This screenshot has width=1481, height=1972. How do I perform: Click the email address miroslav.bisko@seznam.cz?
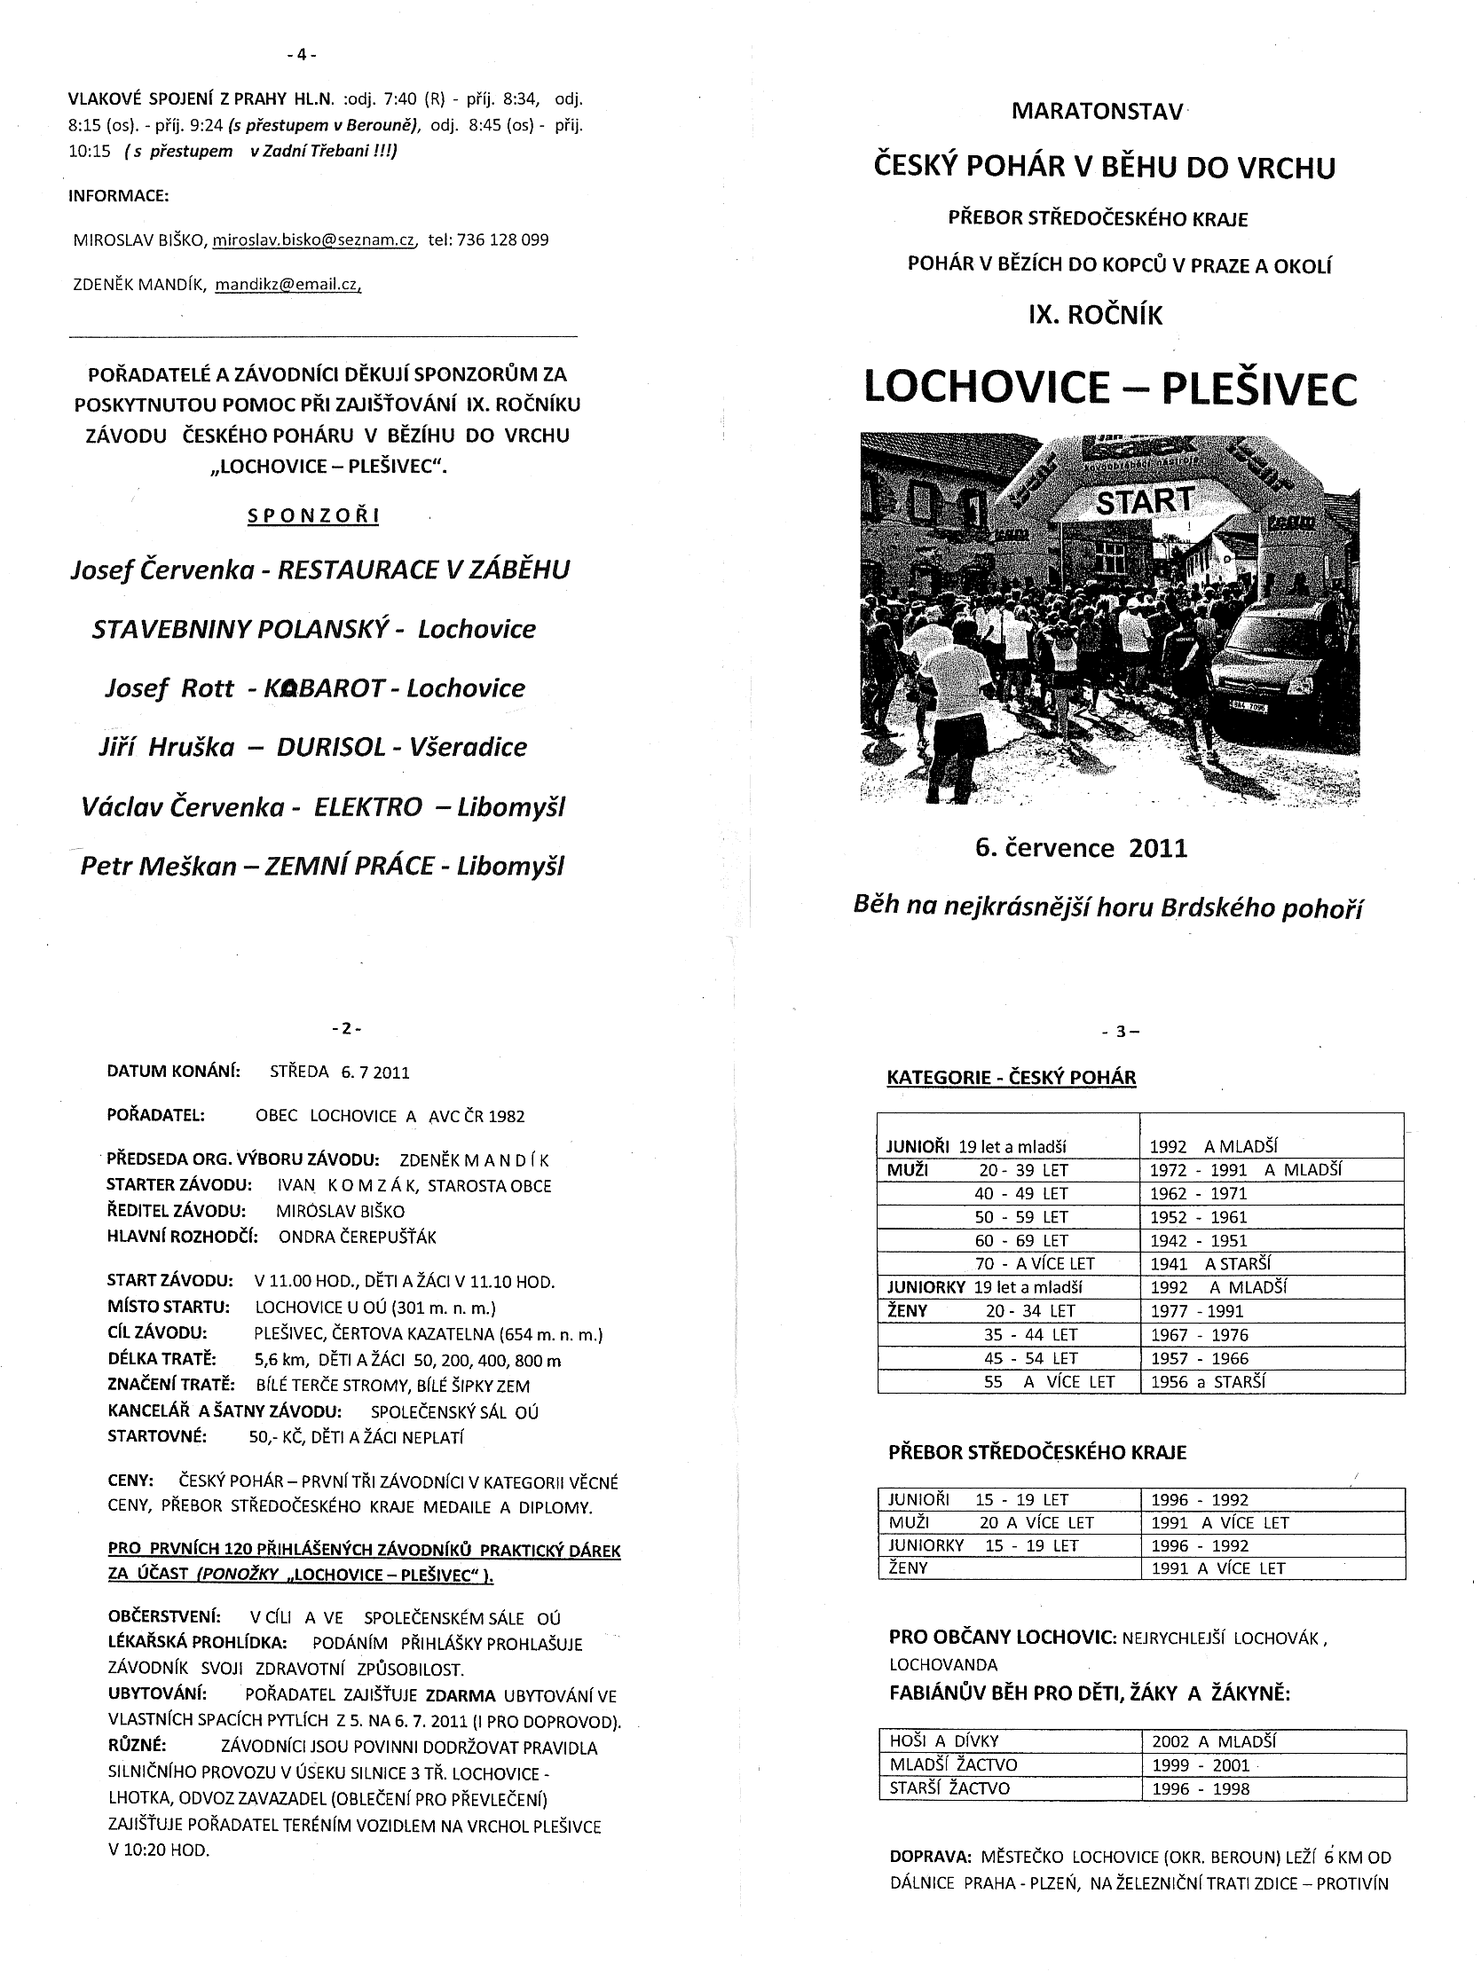click(x=314, y=240)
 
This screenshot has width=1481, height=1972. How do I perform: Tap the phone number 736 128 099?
click(x=503, y=240)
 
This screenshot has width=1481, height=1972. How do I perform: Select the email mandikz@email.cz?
click(x=288, y=286)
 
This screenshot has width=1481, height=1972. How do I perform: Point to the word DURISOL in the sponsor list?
click(x=331, y=747)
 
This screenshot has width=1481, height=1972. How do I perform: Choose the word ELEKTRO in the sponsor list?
click(x=367, y=808)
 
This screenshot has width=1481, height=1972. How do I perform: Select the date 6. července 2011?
click(x=1082, y=848)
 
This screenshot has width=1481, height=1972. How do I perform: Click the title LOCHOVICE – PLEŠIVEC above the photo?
click(x=1110, y=389)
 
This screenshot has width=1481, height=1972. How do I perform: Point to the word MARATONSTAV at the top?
click(x=1097, y=113)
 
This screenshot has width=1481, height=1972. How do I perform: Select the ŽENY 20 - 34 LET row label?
click(x=981, y=1311)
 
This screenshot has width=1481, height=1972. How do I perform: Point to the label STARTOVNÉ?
click(x=157, y=1436)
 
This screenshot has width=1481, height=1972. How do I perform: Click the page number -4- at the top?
click(x=302, y=54)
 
